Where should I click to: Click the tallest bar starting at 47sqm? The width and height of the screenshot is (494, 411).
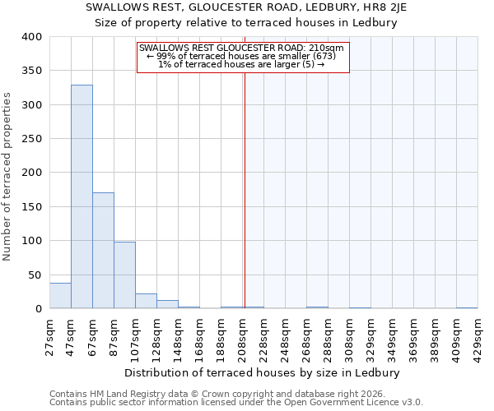click(82, 197)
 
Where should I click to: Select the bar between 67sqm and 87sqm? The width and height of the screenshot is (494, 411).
click(103, 251)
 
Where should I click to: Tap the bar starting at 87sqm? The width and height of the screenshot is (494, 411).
click(124, 275)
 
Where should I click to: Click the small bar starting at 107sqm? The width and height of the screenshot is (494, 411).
click(146, 302)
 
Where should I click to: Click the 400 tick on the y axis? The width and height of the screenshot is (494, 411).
click(32, 37)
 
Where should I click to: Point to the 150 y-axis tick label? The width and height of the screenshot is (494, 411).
click(32, 207)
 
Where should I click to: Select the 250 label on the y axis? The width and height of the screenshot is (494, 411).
click(32, 139)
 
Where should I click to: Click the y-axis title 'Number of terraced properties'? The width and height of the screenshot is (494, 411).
click(7, 176)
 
